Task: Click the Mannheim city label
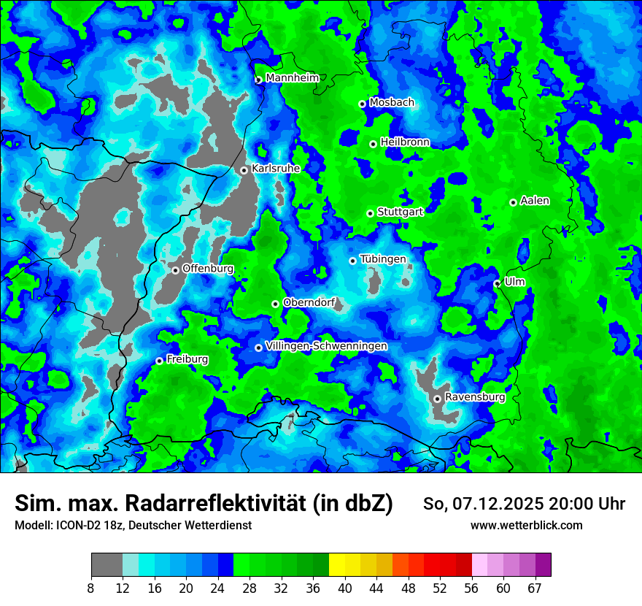pos(292,78)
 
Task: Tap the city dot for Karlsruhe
pos(244,170)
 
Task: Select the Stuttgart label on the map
pos(400,212)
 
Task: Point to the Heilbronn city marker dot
pos(373,144)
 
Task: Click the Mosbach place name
pos(391,103)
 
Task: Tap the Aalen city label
pos(535,201)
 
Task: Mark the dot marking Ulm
pos(497,283)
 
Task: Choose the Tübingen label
pos(382,259)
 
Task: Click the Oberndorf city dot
pos(275,304)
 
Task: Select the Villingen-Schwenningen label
pos(326,346)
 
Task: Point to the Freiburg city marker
pos(159,361)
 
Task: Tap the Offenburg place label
pos(208,269)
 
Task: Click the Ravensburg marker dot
pos(436,399)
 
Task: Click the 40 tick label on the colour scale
pos(344,588)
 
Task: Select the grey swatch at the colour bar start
pos(107,565)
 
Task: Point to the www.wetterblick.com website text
pos(526,525)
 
